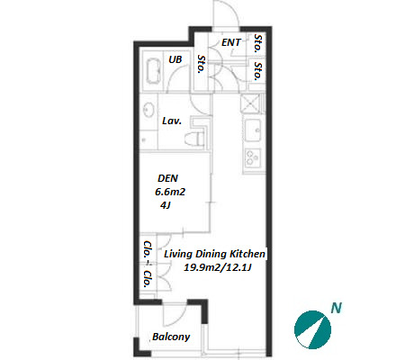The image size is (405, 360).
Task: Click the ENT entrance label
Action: tap(231, 42)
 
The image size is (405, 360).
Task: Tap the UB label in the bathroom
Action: tap(175, 59)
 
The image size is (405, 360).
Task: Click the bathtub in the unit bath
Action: tap(153, 71)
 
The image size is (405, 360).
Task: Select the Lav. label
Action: tap(172, 121)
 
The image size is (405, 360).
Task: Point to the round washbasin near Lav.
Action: tap(148, 110)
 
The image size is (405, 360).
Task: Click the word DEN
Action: tap(167, 178)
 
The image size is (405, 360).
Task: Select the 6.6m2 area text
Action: tap(170, 192)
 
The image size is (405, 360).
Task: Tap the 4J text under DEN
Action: tap(166, 205)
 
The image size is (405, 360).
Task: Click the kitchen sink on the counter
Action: tap(253, 130)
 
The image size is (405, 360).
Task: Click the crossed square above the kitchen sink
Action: tap(250, 103)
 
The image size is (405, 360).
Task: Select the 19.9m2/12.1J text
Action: tap(217, 267)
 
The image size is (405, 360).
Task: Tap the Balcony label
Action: tap(171, 337)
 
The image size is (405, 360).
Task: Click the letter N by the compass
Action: tap(336, 308)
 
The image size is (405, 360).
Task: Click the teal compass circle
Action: tap(312, 330)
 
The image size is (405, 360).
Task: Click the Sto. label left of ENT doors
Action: tap(201, 64)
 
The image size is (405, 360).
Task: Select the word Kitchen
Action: tap(247, 254)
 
